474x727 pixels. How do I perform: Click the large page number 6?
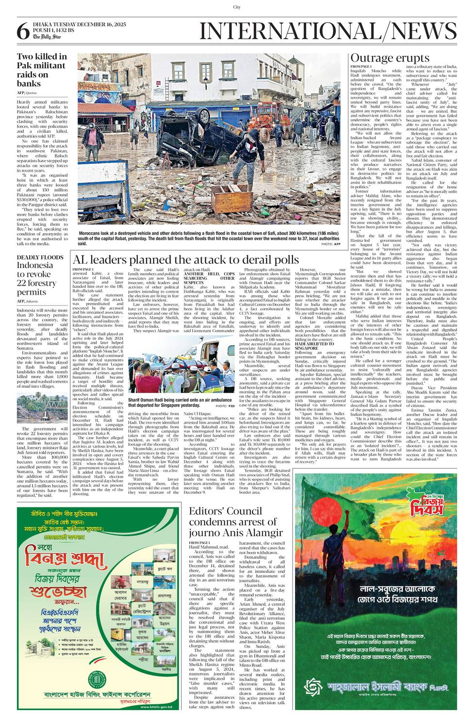(x=23, y=32)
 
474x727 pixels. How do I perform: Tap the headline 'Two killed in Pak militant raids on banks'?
(x=42, y=70)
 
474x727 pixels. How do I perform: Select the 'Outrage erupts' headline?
(x=383, y=59)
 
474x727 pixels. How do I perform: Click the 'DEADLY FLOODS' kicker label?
(x=40, y=257)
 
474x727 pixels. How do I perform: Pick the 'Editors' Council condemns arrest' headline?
(x=235, y=522)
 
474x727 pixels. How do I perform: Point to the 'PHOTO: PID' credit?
(x=225, y=419)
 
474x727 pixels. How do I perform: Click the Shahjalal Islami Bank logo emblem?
(x=313, y=687)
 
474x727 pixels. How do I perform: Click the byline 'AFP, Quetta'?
(x=27, y=92)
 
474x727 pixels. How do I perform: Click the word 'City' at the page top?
(x=237, y=7)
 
